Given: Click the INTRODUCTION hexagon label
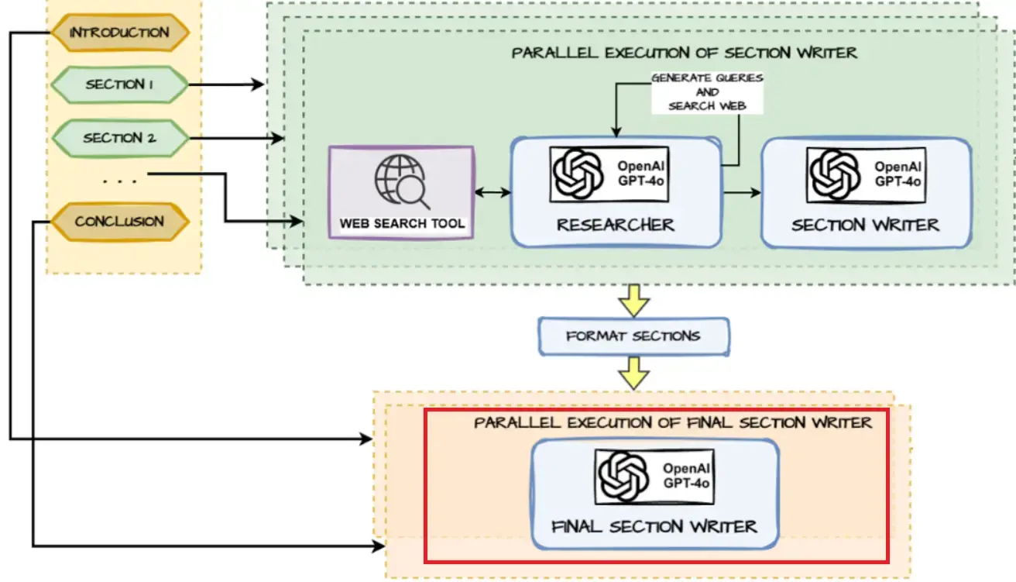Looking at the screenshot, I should pos(119,33).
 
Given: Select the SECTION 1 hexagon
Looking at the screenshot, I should pos(119,84).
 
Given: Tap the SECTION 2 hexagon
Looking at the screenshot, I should pos(119,138).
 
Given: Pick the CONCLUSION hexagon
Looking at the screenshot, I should pos(119,222).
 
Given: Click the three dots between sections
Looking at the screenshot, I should pos(119,181).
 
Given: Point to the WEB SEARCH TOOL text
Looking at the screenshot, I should pos(403,223).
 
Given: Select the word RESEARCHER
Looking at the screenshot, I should pos(616,226).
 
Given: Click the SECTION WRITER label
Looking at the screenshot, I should pos(865,226).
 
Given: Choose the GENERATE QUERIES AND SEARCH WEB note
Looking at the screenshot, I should pos(706,91).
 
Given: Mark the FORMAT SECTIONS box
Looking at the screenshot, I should pos(633,336).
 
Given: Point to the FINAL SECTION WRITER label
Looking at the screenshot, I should pos(654,527).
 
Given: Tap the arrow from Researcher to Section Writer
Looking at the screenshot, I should pos(741,192).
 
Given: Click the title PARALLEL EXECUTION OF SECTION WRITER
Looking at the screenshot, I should pos(684,53).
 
